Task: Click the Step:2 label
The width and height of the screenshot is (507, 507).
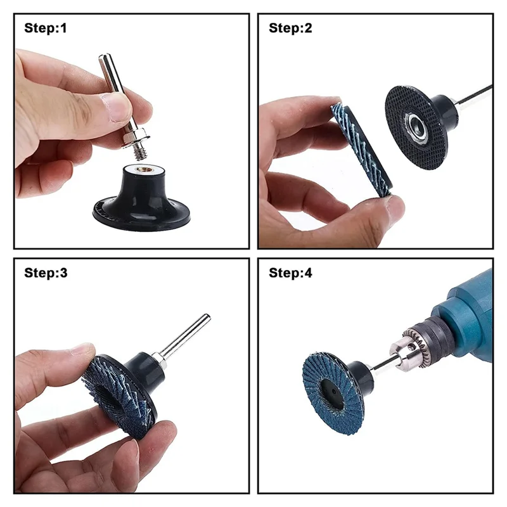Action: pyautogui.click(x=290, y=28)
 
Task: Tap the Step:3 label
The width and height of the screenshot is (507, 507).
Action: pyautogui.click(x=46, y=273)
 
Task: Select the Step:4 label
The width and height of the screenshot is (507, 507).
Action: pyautogui.click(x=290, y=273)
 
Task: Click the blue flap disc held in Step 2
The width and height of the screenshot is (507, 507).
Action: pyautogui.click(x=361, y=149)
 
